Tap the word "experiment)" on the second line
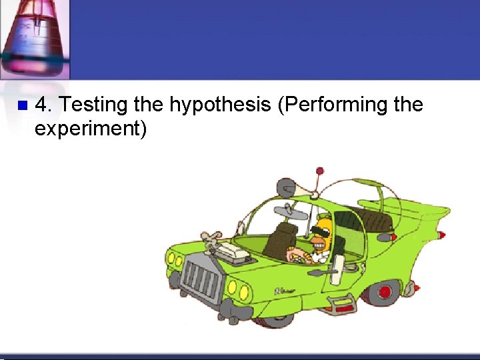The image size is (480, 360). coord(90,128)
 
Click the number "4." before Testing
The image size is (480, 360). coord(43,105)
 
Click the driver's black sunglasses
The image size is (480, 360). coord(319,233)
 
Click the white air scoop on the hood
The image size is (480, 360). coord(234,251)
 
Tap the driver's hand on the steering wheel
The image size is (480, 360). coord(291,254)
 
